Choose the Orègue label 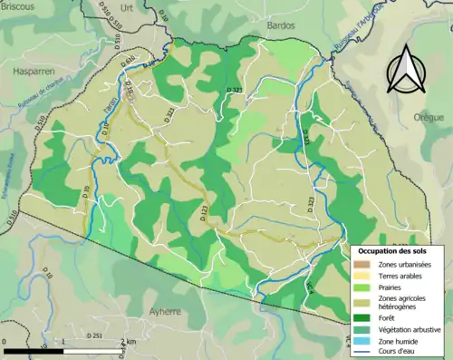tap(429, 118)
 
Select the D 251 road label tap(94, 336)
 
